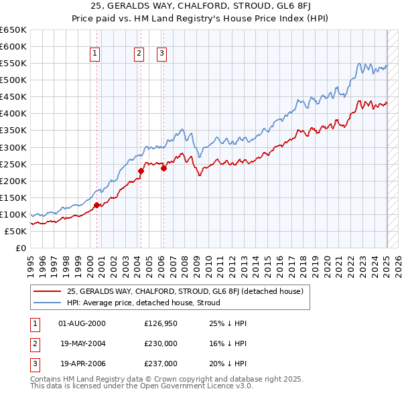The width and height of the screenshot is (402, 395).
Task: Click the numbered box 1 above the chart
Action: coord(95,54)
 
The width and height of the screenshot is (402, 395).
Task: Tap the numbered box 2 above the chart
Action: coord(139,54)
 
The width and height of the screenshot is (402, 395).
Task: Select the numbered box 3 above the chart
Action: coord(162,54)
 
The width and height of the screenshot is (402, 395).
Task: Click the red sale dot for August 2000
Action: coord(96,205)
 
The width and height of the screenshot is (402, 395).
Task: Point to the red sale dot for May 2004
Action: coord(141,171)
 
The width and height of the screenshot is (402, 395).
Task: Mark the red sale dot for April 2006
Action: coord(163,168)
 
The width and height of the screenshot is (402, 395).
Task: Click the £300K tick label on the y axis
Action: coord(13,147)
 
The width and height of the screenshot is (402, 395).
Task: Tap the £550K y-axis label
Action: coord(13,63)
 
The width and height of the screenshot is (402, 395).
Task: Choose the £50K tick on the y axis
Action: coord(16,231)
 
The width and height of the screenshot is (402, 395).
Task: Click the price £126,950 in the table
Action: coord(161,323)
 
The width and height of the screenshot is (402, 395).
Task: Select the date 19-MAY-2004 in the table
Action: coord(83,344)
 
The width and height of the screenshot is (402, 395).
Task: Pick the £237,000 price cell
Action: coord(161,364)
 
